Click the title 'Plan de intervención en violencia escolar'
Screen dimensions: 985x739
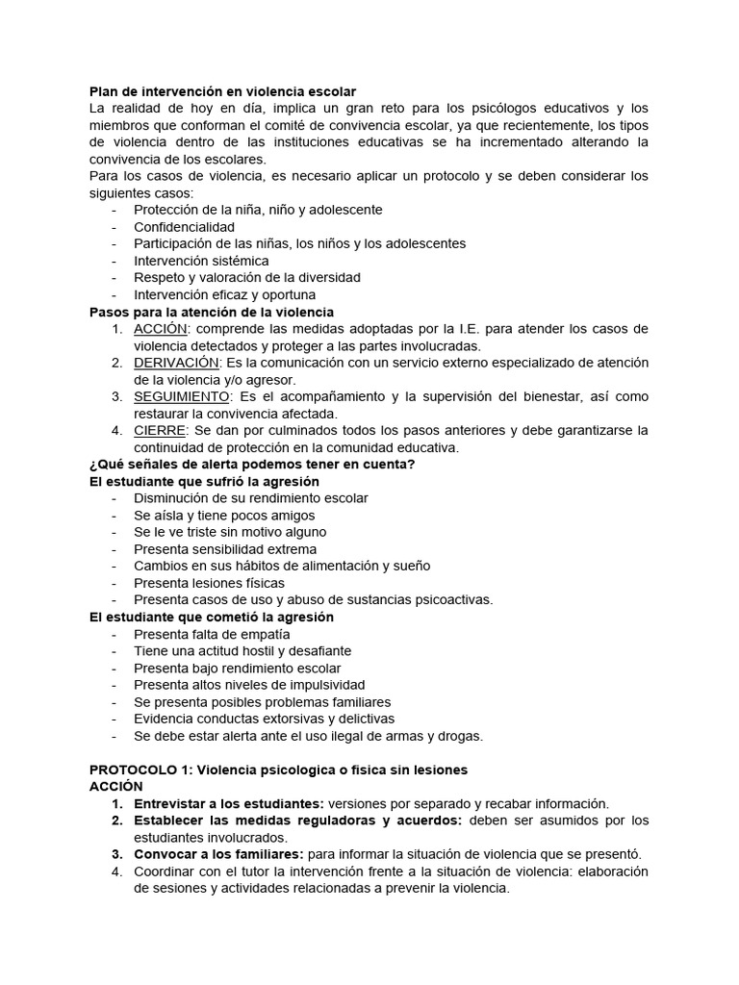pyautogui.click(x=222, y=90)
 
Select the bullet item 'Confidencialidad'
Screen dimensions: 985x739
pyautogui.click(x=184, y=226)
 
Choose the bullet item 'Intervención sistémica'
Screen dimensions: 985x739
pyautogui.click(x=201, y=260)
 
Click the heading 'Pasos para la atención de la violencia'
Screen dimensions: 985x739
pyautogui.click(x=212, y=312)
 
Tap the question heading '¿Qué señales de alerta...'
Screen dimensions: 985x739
pyautogui.click(x=252, y=464)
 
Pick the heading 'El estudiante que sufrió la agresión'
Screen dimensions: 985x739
pyautogui.click(x=204, y=481)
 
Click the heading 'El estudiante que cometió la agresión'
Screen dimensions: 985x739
pyautogui.click(x=211, y=617)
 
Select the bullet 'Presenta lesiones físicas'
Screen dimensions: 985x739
pyautogui.click(x=209, y=583)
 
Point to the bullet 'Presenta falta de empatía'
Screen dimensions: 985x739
pyautogui.click(x=212, y=634)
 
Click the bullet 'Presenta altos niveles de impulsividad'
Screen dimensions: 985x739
pyautogui.click(x=249, y=685)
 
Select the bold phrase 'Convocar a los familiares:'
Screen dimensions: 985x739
pyautogui.click(x=218, y=854)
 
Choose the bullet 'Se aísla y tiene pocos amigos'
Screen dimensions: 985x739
pyautogui.click(x=224, y=515)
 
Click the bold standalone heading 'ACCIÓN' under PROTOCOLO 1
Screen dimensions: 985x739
pyautogui.click(x=115, y=786)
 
